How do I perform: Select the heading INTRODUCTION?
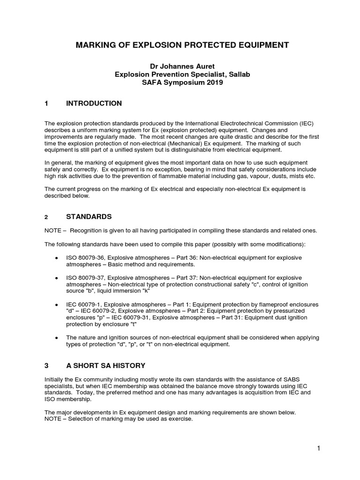pyautogui.click(x=94, y=103)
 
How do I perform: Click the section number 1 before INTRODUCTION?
pyautogui.click(x=46, y=103)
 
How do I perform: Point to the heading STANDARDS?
pyautogui.click(x=89, y=217)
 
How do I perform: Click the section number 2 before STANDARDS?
pyautogui.click(x=46, y=217)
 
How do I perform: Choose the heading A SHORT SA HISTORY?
pyautogui.click(x=105, y=365)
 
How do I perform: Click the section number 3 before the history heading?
pyautogui.click(x=46, y=365)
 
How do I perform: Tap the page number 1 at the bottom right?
pyautogui.click(x=317, y=449)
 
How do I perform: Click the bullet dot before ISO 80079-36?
pyautogui.click(x=57, y=258)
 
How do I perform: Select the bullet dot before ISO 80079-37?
pyautogui.click(x=57, y=278)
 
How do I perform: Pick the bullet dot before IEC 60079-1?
pyautogui.click(x=57, y=304)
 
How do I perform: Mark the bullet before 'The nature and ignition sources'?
pyautogui.click(x=57, y=337)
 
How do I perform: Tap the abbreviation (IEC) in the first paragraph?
pyautogui.click(x=304, y=123)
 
